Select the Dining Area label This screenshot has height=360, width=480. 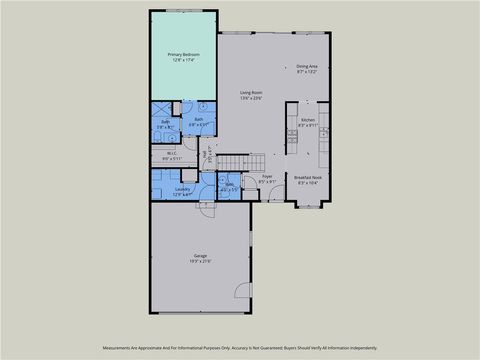coord(307,66)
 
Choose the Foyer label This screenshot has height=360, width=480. coord(267,176)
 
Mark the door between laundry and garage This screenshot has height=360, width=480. coord(205,208)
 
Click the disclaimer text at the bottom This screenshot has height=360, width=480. coord(239,348)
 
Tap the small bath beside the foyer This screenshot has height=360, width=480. coord(230,187)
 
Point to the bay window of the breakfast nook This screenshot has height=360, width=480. coord(309,206)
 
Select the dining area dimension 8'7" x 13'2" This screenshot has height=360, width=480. coord(307,72)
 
